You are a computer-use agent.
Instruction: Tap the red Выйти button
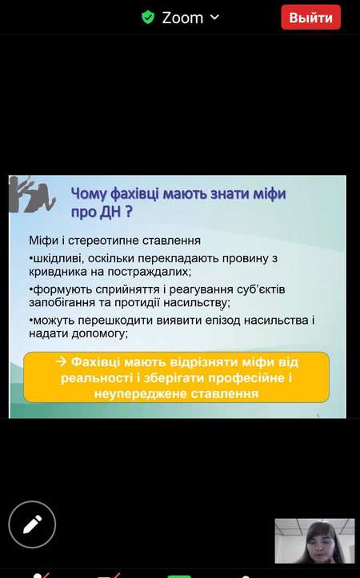pyautogui.click(x=310, y=18)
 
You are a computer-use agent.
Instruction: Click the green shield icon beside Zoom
pyautogui.click(x=148, y=18)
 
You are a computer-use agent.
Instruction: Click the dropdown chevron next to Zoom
pyautogui.click(x=214, y=17)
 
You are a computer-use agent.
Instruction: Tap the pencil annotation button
pyautogui.click(x=32, y=524)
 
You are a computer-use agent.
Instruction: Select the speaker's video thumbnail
pyautogui.click(x=314, y=540)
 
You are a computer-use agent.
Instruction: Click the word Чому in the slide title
pyautogui.click(x=89, y=194)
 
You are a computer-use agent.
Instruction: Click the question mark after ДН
pyautogui.click(x=128, y=212)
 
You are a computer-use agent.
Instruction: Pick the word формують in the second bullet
pyautogui.click(x=62, y=289)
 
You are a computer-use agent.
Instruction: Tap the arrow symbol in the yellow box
pyautogui.click(x=62, y=361)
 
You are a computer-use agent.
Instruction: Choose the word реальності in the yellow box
pyautogui.click(x=97, y=378)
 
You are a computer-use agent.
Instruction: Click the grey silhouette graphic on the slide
pyautogui.click(x=32, y=194)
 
